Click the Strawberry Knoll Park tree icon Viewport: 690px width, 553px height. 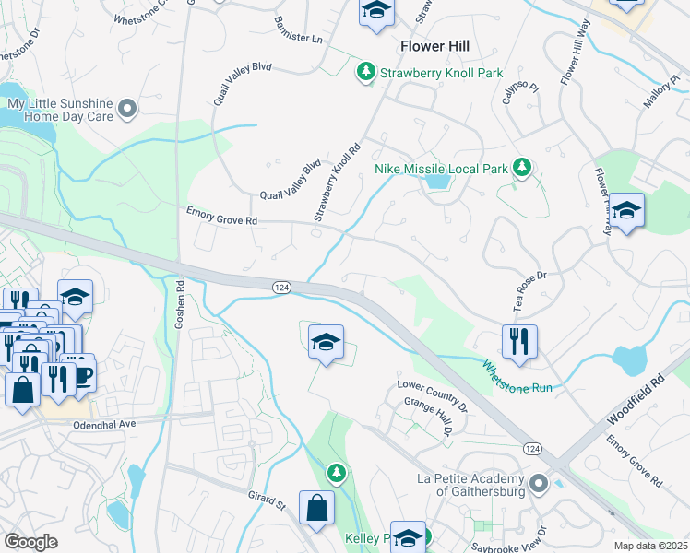(x=366, y=71)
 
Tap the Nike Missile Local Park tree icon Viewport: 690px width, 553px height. (x=522, y=168)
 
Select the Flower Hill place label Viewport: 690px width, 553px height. (x=434, y=45)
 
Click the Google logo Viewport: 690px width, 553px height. (x=31, y=541)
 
